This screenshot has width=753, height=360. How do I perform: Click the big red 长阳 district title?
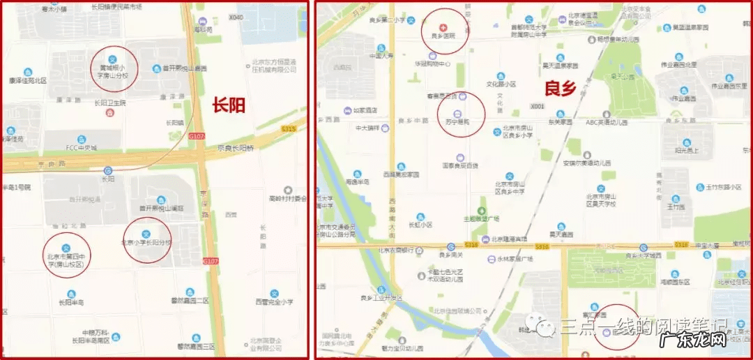coord(229,105)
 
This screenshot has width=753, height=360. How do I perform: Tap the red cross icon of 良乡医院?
coord(440,27)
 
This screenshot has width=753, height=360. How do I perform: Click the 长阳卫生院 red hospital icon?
coord(109,112)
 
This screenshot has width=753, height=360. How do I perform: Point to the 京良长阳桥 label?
coord(237,148)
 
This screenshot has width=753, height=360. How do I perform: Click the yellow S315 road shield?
coord(289,129)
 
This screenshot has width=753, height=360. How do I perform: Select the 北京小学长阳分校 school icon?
coord(146,234)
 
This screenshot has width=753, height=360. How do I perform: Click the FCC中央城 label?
coord(80,148)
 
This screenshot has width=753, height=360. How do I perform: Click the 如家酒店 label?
coord(364,110)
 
